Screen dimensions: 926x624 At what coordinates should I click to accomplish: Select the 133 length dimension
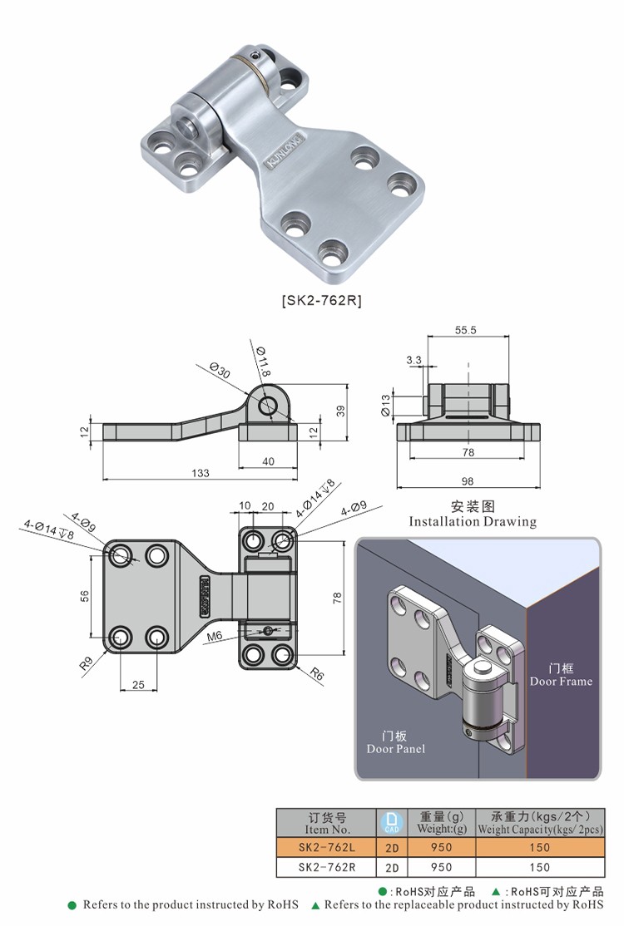point(200,472)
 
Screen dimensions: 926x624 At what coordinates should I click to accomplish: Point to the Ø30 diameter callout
point(220,372)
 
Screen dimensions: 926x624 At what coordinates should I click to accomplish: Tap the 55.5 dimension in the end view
point(466,330)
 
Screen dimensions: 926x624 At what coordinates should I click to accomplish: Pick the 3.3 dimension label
point(414,360)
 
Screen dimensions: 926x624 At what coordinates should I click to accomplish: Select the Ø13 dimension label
point(385,405)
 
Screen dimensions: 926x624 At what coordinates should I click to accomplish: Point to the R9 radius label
point(86,665)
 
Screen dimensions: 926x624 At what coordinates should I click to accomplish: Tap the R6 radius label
point(316,675)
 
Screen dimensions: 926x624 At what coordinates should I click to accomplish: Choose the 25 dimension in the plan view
point(138,684)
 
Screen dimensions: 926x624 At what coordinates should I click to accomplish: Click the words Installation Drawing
point(473,522)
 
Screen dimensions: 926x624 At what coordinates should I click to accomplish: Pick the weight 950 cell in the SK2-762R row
point(441,867)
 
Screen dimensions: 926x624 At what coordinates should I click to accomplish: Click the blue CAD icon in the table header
point(391,822)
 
